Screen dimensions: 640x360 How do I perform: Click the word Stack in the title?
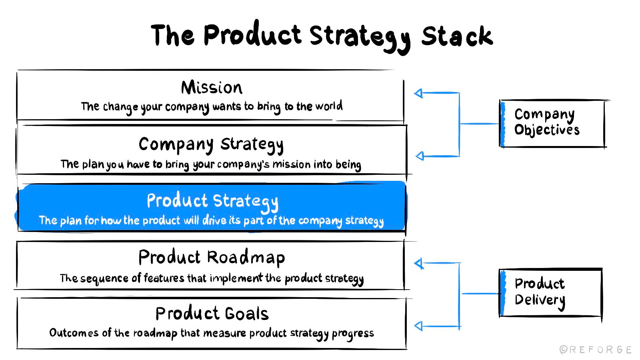[x=457, y=36]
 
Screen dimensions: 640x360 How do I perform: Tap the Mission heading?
[x=212, y=88]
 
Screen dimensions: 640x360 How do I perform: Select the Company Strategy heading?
[x=211, y=145]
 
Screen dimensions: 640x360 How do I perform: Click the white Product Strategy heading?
[x=212, y=201]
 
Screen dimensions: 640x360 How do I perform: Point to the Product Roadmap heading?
[x=212, y=258]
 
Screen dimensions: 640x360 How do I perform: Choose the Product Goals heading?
[x=212, y=314]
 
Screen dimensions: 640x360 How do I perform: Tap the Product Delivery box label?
[x=540, y=292]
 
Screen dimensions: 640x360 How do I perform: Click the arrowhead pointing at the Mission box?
[x=418, y=93]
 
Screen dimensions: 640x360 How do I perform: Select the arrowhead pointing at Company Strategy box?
[x=420, y=156]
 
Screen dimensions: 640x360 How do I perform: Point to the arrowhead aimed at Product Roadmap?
[x=419, y=264]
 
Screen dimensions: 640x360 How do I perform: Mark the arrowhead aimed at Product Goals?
[x=418, y=326]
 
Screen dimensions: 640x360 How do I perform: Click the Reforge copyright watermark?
[x=596, y=350]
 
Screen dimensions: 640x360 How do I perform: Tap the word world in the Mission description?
[x=329, y=106]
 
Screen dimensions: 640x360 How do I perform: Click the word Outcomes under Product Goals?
[x=74, y=332]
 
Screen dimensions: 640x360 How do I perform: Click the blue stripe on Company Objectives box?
[x=503, y=124]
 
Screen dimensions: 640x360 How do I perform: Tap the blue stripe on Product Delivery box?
[x=503, y=293]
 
